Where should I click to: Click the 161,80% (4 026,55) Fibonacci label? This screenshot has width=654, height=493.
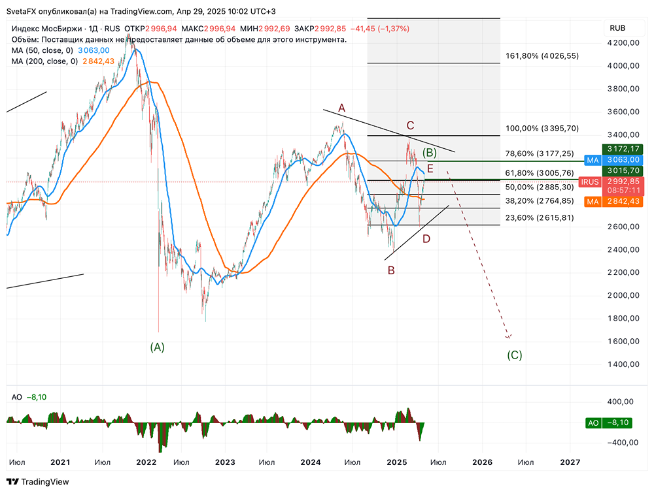(542, 56)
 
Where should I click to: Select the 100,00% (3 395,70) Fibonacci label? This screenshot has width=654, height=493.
(542, 129)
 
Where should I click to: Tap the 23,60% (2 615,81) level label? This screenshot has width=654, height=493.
(540, 217)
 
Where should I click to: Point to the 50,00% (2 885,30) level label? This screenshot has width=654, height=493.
(540, 187)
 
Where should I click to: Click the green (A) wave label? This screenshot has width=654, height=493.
(157, 347)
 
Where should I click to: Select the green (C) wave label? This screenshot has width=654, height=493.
(515, 356)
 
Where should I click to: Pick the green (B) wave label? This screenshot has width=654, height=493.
(429, 153)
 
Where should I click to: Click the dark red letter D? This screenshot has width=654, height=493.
(426, 239)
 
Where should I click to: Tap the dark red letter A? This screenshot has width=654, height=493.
(341, 108)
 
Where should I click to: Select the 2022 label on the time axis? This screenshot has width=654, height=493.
(146, 462)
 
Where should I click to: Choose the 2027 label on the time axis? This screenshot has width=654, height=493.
(570, 462)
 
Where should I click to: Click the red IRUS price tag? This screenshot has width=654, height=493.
(590, 182)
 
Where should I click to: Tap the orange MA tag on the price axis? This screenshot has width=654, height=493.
(593, 202)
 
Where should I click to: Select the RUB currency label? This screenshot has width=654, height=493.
(617, 28)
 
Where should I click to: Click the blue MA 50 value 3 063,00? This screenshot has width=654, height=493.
(94, 50)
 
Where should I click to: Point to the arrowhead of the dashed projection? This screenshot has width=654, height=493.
(509, 337)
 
